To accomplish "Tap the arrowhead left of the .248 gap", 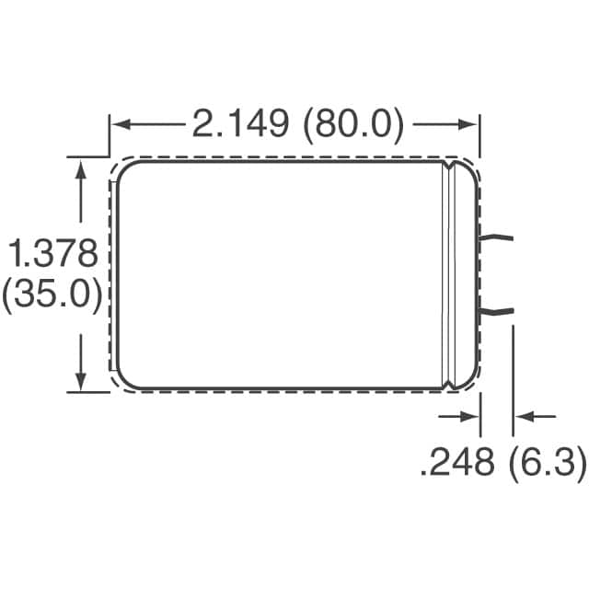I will click(x=470, y=417).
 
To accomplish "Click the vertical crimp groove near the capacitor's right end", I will click(x=450, y=274).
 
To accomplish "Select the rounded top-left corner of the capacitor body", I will click(x=123, y=169).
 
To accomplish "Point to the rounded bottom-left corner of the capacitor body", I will click(x=123, y=379).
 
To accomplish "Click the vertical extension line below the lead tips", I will click(x=513, y=387).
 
